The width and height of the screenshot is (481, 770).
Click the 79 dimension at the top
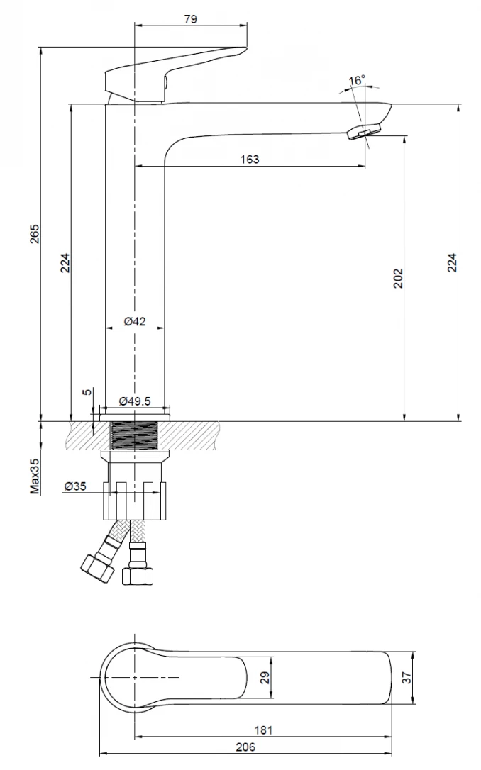click(x=190, y=19)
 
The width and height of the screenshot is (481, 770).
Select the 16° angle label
click(x=357, y=81)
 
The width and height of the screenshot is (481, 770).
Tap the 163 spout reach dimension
click(x=250, y=159)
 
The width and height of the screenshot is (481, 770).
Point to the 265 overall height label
click(x=34, y=234)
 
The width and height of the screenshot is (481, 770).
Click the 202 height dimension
click(x=398, y=278)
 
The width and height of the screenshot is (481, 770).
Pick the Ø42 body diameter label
click(x=135, y=321)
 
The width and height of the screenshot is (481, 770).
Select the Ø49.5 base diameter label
click(x=135, y=401)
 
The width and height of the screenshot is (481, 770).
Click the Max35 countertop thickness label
click(x=34, y=476)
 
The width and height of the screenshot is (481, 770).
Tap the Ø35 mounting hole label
click(x=74, y=486)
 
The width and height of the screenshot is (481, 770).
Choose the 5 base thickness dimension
click(x=87, y=392)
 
